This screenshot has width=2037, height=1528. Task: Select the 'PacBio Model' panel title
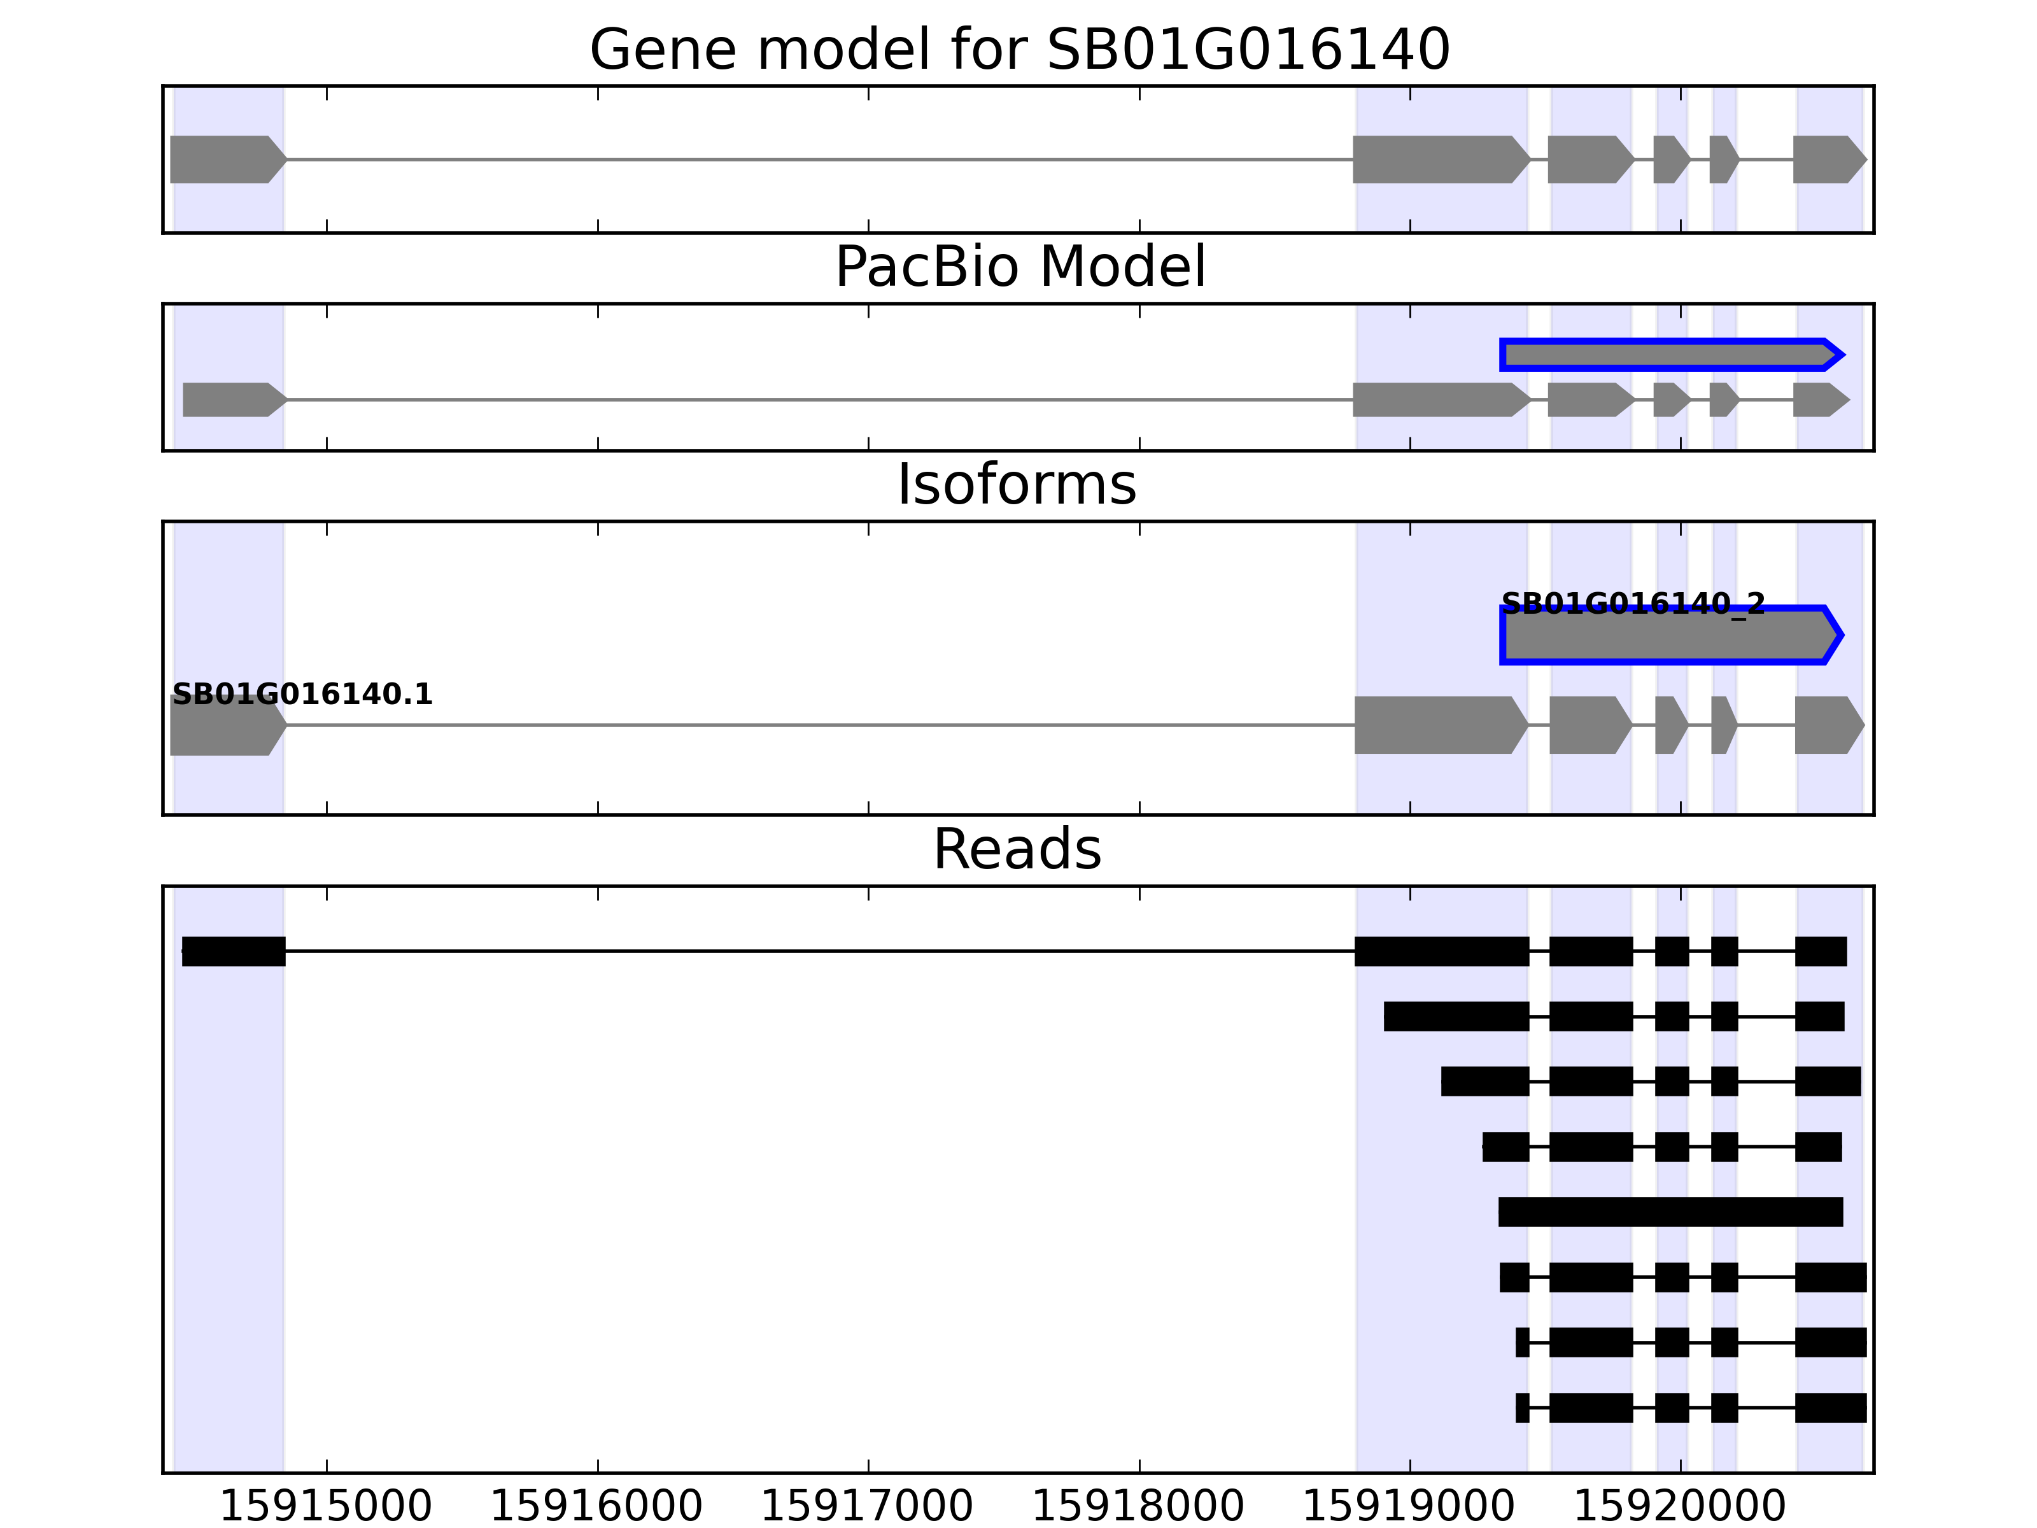click(x=1019, y=267)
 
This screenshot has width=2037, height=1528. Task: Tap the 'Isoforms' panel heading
click(x=1017, y=485)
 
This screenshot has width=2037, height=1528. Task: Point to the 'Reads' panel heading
click(x=1017, y=849)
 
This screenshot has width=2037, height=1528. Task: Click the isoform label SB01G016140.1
click(x=302, y=695)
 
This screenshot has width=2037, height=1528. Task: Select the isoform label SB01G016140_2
click(x=1633, y=604)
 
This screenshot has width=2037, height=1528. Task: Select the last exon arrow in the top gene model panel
click(x=1828, y=159)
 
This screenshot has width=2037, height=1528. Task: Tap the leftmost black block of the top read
click(x=234, y=951)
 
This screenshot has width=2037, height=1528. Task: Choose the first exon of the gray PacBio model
click(x=233, y=400)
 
